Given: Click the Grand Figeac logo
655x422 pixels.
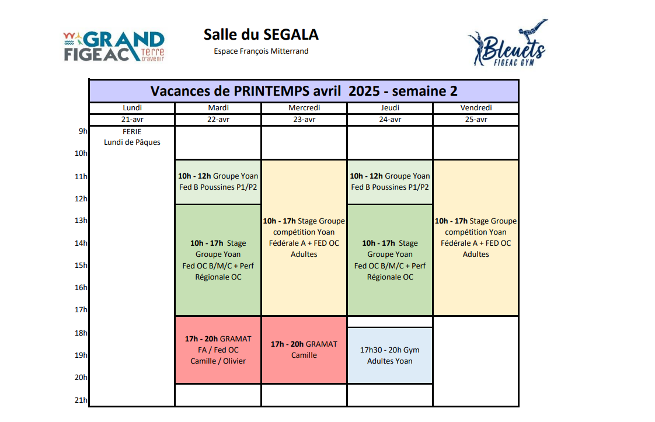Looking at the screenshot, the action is (114, 46).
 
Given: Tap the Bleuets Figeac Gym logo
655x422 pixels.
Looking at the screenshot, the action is (507, 43).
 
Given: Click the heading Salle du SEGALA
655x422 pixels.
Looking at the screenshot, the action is (261, 34).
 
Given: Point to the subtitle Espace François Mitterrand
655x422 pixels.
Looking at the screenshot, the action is (261, 51).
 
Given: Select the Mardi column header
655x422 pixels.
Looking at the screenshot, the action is (218, 108).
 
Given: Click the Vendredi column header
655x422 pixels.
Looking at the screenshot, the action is (476, 108).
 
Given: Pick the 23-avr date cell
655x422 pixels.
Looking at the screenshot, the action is (304, 120).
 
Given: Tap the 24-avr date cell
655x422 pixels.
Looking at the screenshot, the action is (390, 120).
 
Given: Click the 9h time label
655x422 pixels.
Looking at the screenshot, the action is (83, 131).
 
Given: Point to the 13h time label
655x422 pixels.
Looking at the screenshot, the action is (81, 221).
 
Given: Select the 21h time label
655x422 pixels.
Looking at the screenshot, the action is (81, 400).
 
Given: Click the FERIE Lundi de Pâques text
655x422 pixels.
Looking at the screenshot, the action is (132, 137).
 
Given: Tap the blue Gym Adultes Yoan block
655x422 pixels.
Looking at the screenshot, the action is (390, 355).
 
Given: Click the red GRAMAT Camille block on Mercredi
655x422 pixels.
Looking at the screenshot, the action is (304, 350).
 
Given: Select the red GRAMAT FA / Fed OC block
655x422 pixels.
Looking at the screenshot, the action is (218, 350).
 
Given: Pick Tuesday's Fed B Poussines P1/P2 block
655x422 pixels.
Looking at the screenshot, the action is (218, 182).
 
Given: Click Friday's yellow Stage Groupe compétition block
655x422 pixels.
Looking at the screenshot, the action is (476, 238).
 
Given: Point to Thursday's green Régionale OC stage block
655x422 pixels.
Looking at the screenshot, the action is (390, 260).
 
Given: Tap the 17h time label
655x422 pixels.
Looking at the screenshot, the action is (81, 310).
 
